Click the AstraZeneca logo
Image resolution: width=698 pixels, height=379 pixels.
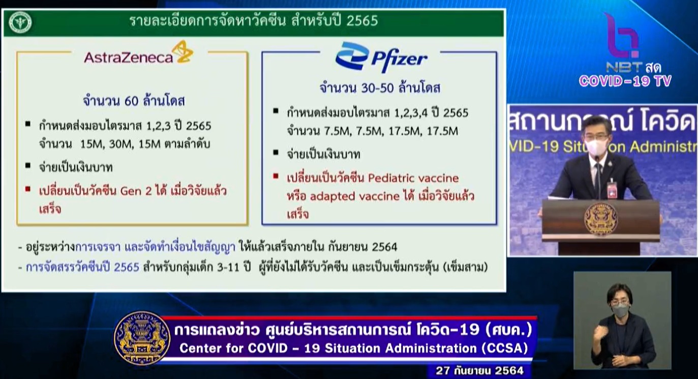pos(139,53)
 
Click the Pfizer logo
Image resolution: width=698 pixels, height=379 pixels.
pos(381,57)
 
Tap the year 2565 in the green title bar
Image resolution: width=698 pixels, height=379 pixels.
pos(362,21)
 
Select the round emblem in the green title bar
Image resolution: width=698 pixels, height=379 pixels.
pos(20,22)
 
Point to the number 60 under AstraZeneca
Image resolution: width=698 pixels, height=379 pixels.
pos(131,101)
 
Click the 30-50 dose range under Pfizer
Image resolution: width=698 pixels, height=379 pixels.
pos(378,88)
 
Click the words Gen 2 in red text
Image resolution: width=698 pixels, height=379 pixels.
pos(136,191)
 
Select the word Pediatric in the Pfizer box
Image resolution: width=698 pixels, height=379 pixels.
pos(391,178)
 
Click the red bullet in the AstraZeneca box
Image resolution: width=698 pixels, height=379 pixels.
pos(28,189)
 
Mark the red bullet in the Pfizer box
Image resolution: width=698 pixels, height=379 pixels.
pos(276,176)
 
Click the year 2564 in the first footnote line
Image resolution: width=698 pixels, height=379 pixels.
pos(384,247)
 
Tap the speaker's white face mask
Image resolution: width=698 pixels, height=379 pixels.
pos(596,147)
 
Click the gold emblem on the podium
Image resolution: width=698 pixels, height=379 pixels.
pos(600,219)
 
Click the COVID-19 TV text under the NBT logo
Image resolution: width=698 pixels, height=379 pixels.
pos(625,81)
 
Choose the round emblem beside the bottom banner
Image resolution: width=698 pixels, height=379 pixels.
pos(142,338)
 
